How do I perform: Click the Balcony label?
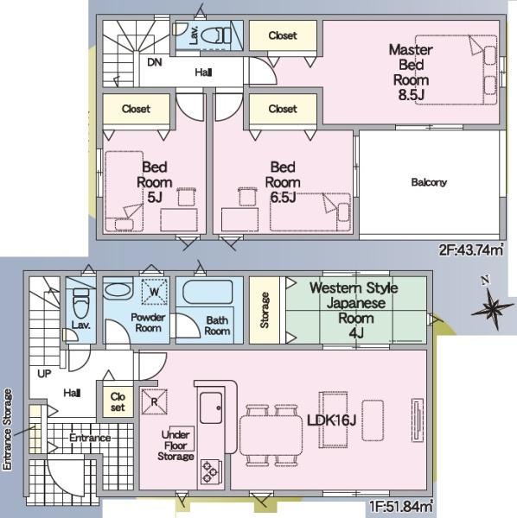pos(429,182)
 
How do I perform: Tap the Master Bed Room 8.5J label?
pos(412,73)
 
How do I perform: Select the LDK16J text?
pos(331,420)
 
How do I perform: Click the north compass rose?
pos(492,305)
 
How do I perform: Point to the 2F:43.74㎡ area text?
pos(471,250)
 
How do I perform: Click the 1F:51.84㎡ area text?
pos(400,506)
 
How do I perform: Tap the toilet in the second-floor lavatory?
pos(216,35)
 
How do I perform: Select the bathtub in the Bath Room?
pos(207,292)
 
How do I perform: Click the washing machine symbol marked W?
pos(155,292)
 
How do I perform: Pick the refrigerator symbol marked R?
pos(154,401)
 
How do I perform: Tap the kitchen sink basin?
pos(211,407)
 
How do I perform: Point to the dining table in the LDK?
pos(271,435)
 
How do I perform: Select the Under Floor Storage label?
pos(176,445)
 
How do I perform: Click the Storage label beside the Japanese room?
pos(265,310)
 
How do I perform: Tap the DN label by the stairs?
pos(155,62)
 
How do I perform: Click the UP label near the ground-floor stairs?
pos(44,374)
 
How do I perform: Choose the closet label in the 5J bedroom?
pos(136,109)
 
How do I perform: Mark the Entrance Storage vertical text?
pos(7,429)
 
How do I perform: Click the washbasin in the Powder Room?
pos(118,290)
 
